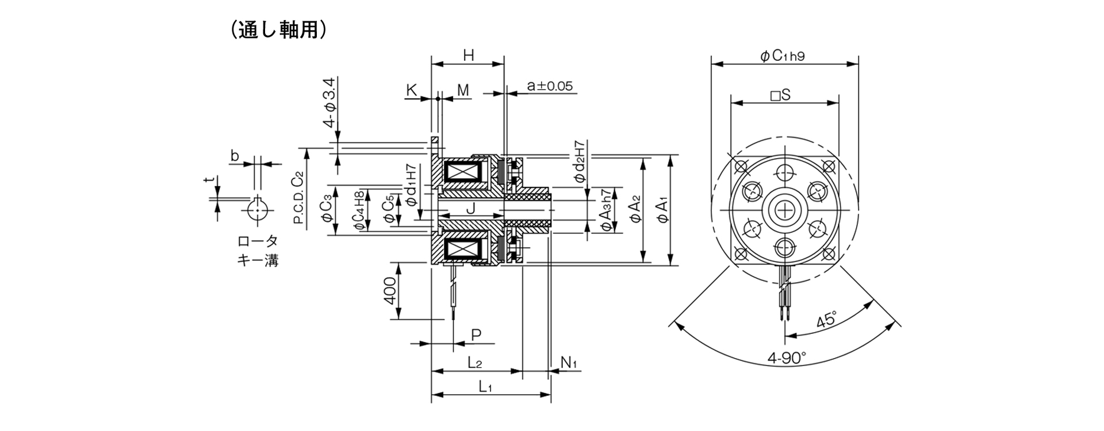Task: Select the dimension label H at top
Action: [469, 55]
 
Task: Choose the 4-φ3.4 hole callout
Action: [329, 103]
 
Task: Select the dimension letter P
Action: [476, 334]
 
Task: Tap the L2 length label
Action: [474, 363]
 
